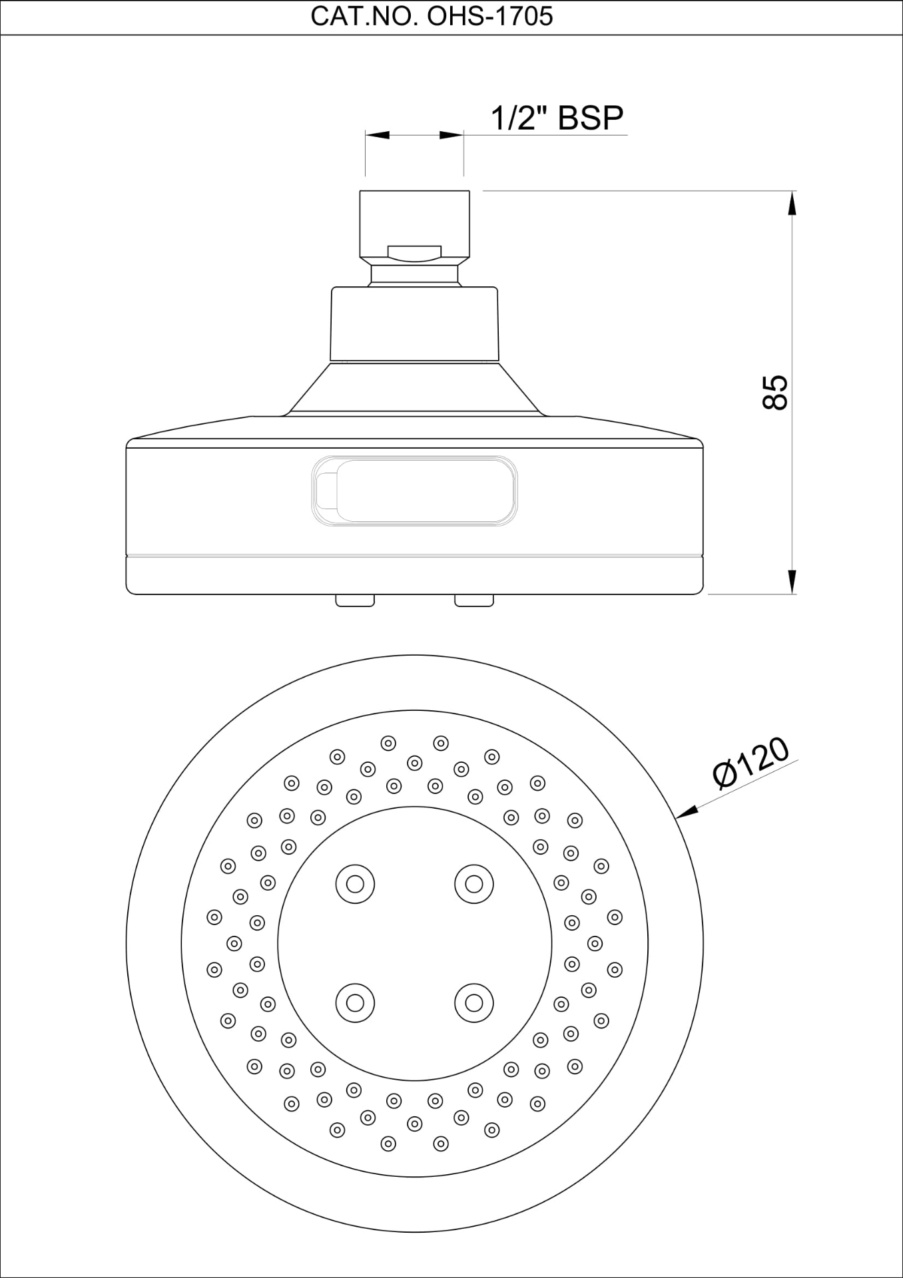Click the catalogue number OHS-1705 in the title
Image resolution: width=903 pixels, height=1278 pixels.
[489, 17]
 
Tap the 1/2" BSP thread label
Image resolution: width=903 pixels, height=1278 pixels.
[557, 118]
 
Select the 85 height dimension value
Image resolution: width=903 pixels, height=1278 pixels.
[776, 392]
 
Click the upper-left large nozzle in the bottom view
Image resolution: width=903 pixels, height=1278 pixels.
[355, 884]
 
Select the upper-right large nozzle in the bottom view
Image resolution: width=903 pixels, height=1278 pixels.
[473, 884]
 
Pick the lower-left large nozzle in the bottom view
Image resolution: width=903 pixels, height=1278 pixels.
[355, 1002]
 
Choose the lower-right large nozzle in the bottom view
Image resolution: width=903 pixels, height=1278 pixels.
[473, 1002]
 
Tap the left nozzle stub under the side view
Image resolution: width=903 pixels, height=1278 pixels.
[355, 600]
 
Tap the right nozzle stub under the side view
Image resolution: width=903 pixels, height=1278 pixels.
[474, 600]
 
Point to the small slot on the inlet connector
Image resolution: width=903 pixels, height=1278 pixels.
[414, 252]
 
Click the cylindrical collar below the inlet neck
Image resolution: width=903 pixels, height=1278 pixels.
[414, 324]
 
